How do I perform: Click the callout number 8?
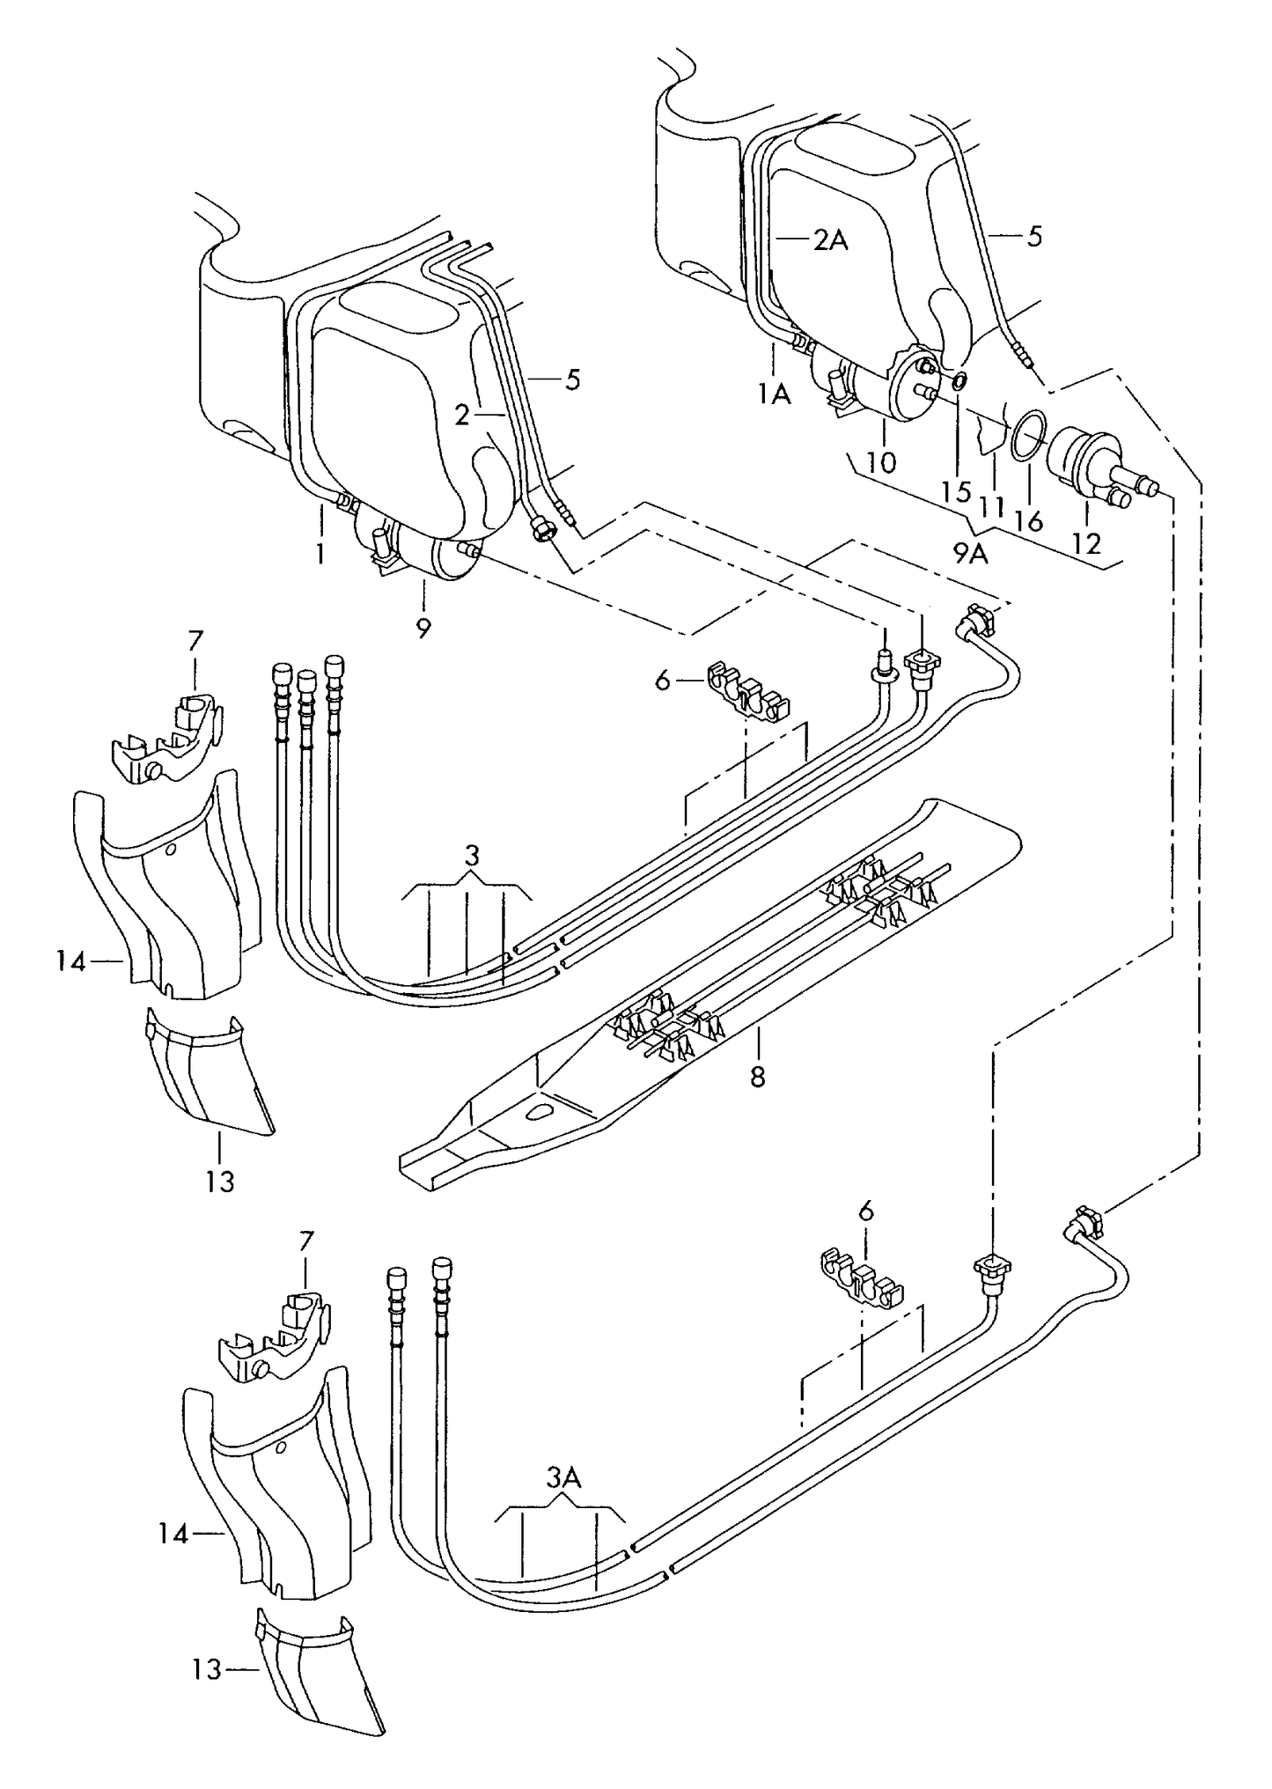[x=758, y=1077]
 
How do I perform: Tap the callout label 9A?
[x=970, y=554]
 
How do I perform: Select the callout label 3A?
[x=562, y=1478]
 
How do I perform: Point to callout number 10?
[x=881, y=462]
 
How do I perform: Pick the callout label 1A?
[x=775, y=394]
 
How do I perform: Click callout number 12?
[x=1087, y=543]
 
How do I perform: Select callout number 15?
[x=956, y=490]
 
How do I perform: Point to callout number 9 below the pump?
[x=423, y=629]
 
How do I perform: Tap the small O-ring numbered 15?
[x=959, y=381]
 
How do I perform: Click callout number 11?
[x=993, y=508]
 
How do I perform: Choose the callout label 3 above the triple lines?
[x=472, y=855]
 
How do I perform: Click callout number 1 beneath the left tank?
[x=320, y=554]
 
